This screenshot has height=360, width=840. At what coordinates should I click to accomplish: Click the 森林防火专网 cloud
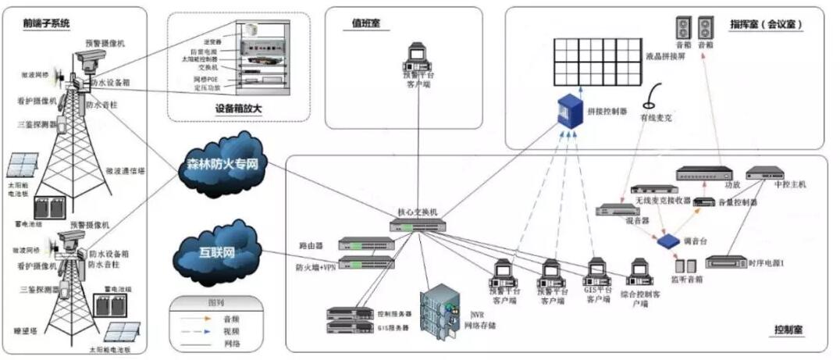222,166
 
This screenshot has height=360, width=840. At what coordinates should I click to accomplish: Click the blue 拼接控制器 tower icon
568,112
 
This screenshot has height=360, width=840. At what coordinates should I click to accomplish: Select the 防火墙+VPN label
315,267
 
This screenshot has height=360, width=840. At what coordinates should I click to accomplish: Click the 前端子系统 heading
47,23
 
